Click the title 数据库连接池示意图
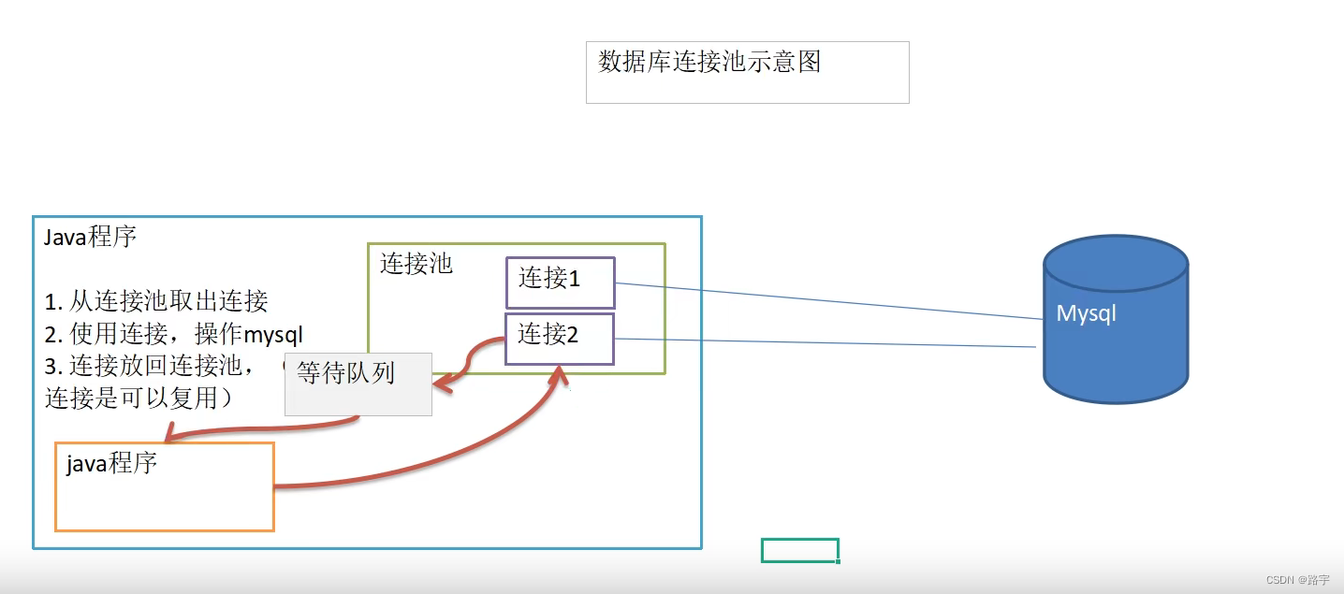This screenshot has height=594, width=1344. [x=709, y=63]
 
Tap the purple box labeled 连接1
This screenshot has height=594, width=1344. [x=560, y=283]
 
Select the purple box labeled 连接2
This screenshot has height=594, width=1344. [x=560, y=339]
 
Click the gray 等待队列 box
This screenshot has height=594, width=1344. [x=358, y=384]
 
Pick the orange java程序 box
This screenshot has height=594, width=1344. [x=165, y=487]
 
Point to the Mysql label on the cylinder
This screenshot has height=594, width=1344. [x=1086, y=313]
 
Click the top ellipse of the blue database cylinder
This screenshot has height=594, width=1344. [x=1116, y=263]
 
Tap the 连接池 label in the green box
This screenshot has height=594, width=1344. [x=416, y=264]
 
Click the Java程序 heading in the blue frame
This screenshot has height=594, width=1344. [x=91, y=237]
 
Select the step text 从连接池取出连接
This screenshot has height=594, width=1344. [x=168, y=300]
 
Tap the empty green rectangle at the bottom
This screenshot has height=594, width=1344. [x=799, y=550]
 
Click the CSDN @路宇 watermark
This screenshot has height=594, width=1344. [x=1297, y=580]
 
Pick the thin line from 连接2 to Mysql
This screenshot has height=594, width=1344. [x=824, y=342]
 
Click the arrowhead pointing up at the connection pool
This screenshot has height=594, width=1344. [x=560, y=376]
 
